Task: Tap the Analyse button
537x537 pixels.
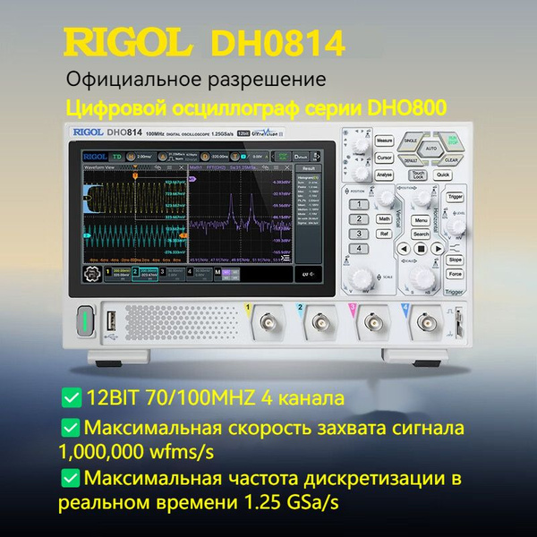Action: (x=385, y=175)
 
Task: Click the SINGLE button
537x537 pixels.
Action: (x=411, y=141)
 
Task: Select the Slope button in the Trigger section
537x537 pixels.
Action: (x=455, y=260)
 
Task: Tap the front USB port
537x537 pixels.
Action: (x=110, y=320)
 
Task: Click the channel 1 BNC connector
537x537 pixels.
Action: (x=267, y=323)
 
